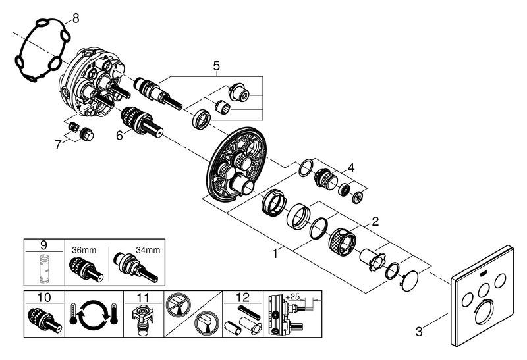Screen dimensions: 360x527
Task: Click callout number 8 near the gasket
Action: click(75, 18)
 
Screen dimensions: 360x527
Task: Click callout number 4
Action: click(352, 167)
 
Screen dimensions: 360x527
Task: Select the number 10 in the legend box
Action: click(45, 297)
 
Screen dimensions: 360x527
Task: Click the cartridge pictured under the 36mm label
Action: click(84, 270)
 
